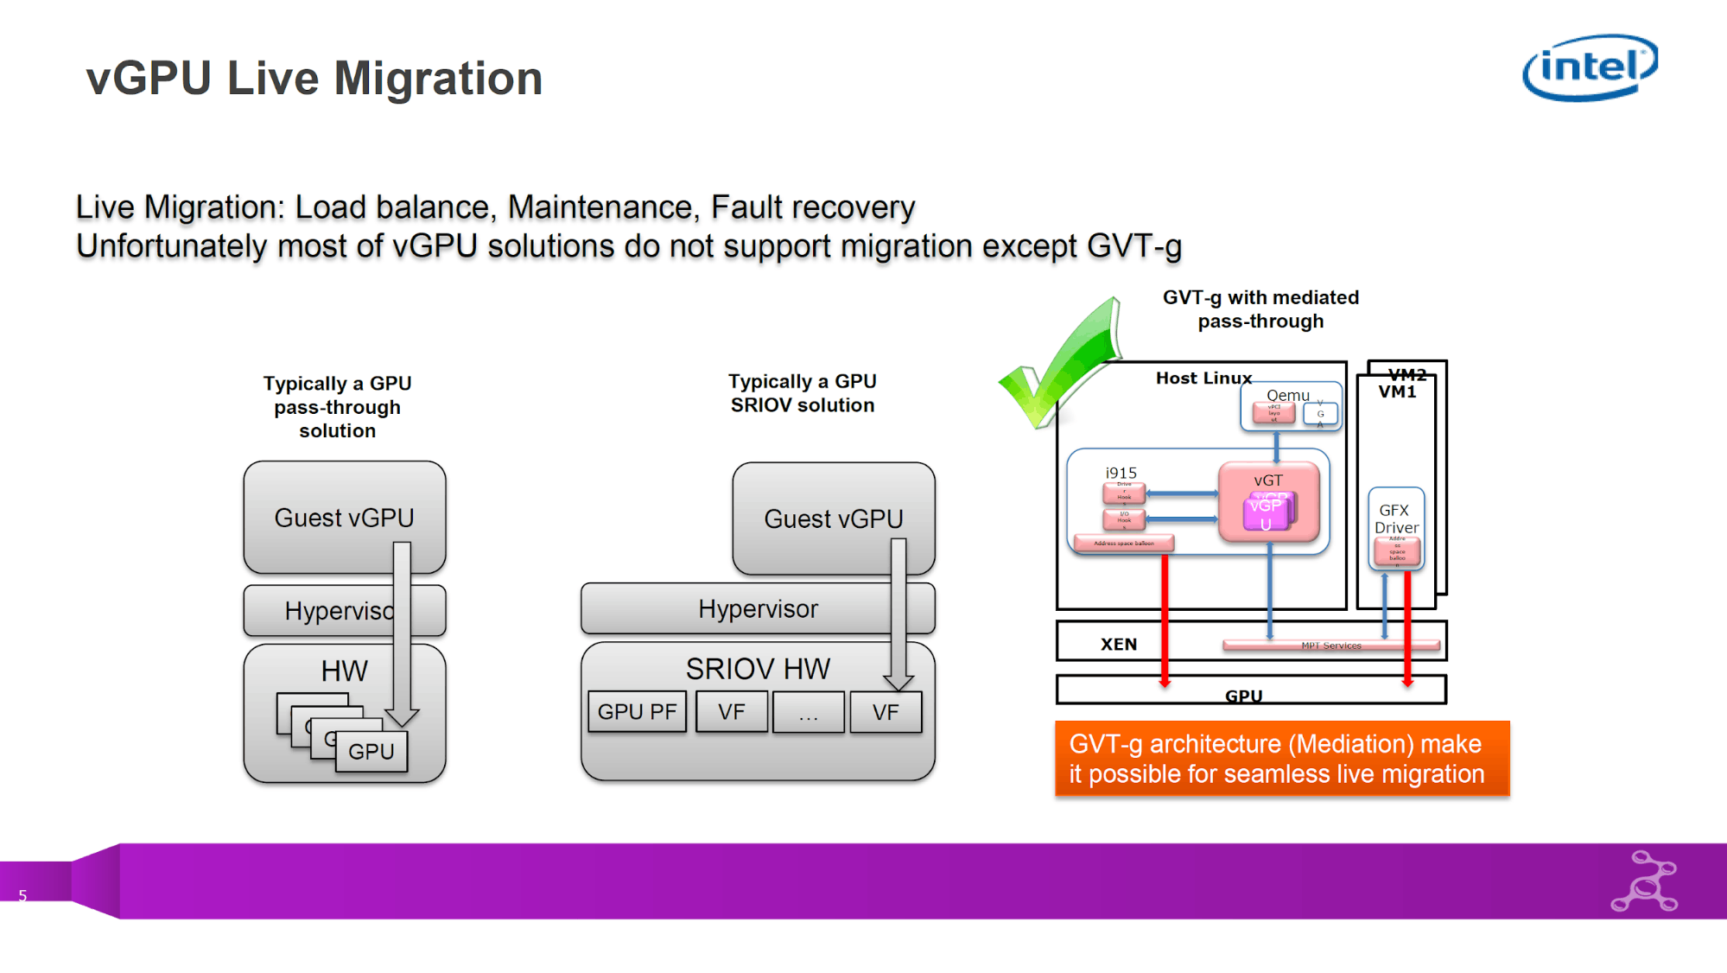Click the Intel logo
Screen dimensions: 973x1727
(x=1590, y=67)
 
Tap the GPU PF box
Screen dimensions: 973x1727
(x=637, y=712)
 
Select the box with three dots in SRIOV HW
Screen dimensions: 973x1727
(x=808, y=713)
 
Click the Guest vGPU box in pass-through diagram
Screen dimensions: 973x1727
(x=344, y=518)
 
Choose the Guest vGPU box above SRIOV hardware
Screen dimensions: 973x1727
(x=833, y=518)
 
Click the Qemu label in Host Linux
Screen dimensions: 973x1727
(x=1287, y=395)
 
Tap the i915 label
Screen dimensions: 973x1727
(x=1121, y=473)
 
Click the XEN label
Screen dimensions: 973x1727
(x=1119, y=644)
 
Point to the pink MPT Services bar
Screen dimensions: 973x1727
(x=1330, y=645)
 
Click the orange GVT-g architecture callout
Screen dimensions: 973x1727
(x=1282, y=759)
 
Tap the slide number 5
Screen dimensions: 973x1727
(x=22, y=896)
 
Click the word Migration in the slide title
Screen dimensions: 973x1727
(x=438, y=79)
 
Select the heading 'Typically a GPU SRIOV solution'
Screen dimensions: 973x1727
(x=802, y=393)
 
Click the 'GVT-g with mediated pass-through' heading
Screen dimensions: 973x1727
(x=1260, y=309)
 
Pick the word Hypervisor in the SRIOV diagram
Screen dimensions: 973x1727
(x=758, y=609)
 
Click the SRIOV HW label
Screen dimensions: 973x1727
(x=758, y=669)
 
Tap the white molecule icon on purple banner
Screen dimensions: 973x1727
(x=1645, y=882)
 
